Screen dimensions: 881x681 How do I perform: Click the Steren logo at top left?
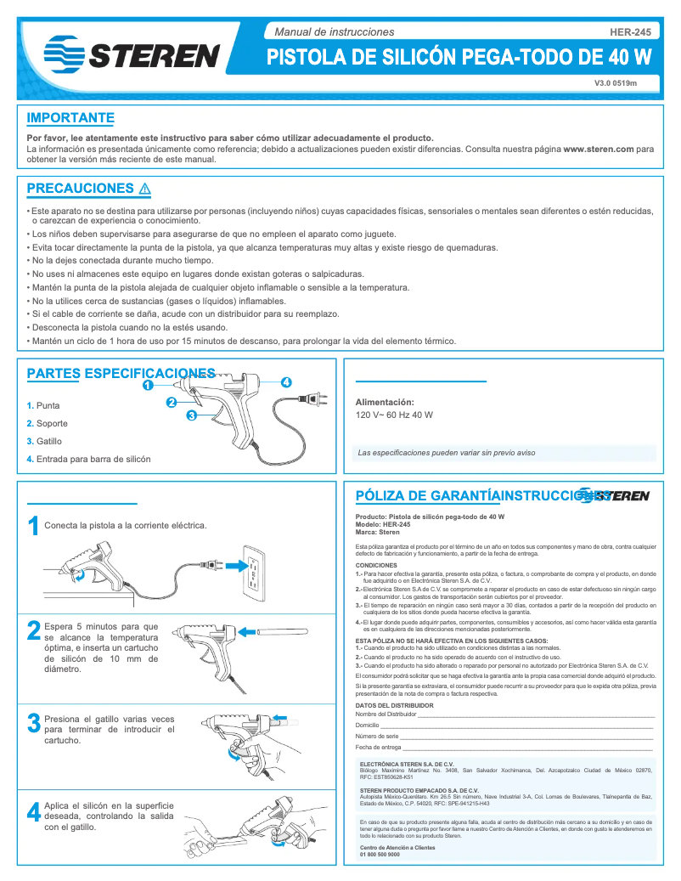point(132,53)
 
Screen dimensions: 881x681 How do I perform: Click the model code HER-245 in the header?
point(630,31)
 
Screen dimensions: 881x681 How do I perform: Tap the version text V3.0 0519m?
point(615,83)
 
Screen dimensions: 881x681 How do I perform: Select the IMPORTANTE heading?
point(70,118)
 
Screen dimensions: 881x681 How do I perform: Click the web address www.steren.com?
point(599,149)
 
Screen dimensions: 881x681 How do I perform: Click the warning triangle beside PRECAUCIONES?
point(144,189)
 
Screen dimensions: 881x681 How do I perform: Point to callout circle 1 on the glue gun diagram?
point(148,385)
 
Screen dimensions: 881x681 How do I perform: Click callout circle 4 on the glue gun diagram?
point(286,382)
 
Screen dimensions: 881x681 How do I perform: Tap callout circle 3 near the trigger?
point(192,415)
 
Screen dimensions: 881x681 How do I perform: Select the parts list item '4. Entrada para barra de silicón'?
point(88,459)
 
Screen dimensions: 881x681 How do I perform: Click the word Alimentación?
point(384,402)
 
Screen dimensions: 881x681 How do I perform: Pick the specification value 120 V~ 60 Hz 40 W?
point(393,415)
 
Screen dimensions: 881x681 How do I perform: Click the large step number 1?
point(33,527)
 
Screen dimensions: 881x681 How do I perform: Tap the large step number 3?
point(33,724)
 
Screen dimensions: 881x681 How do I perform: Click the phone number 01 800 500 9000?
point(380,855)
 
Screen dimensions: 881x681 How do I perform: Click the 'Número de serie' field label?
point(376,737)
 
